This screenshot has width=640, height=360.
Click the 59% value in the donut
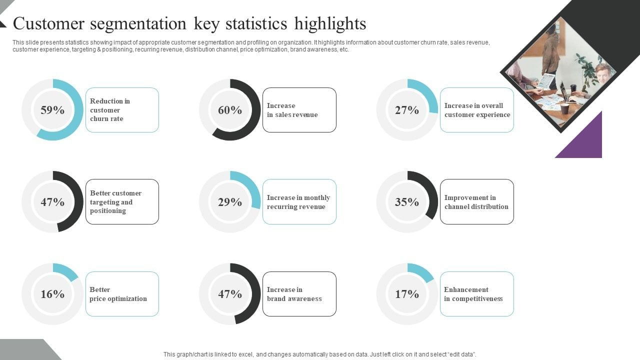(x=52, y=110)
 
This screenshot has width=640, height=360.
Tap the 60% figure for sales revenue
(x=230, y=110)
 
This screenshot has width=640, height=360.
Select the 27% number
(x=407, y=110)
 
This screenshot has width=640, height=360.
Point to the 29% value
(x=230, y=202)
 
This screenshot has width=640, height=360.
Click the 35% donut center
(x=407, y=202)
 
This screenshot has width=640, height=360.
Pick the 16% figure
(x=52, y=294)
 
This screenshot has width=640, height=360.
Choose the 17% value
(x=407, y=294)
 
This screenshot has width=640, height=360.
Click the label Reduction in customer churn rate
(x=122, y=110)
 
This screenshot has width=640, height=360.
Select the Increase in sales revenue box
(x=299, y=110)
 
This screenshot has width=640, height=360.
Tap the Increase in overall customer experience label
(x=476, y=110)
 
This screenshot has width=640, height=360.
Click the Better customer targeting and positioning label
(x=122, y=202)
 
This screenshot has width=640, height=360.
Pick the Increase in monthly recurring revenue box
(x=299, y=202)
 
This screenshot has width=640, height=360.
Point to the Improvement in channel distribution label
(x=476, y=202)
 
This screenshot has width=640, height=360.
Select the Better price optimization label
(x=122, y=294)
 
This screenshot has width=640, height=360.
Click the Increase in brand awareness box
(x=299, y=294)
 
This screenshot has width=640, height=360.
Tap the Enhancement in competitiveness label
(x=476, y=294)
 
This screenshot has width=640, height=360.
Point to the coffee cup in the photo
(x=564, y=108)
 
